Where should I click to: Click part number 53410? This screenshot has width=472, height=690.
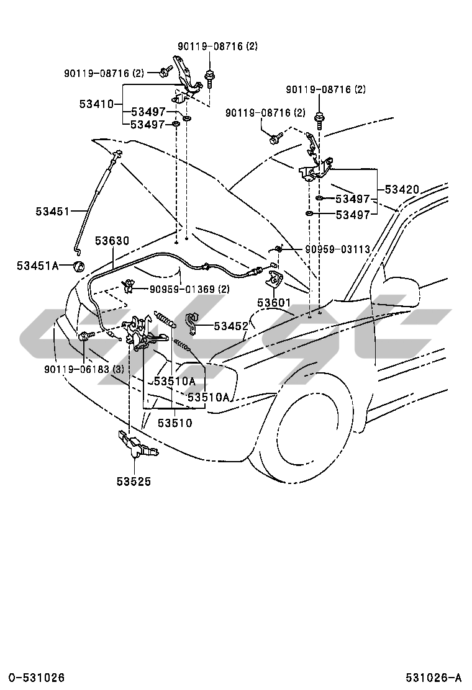tap(96, 104)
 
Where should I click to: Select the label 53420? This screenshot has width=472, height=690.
tap(401, 189)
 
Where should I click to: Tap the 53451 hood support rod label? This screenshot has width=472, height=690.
tap(52, 211)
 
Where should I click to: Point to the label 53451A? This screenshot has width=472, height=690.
tap(37, 266)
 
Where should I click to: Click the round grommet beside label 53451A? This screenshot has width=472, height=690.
tap(79, 267)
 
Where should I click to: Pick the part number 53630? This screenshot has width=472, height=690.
tap(112, 240)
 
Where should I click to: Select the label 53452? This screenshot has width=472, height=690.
tap(231, 325)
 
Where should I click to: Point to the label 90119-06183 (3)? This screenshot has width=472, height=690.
tap(84, 369)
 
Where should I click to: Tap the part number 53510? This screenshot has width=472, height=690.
tap(175, 423)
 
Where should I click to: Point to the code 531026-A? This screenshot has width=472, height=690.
tap(435, 677)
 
